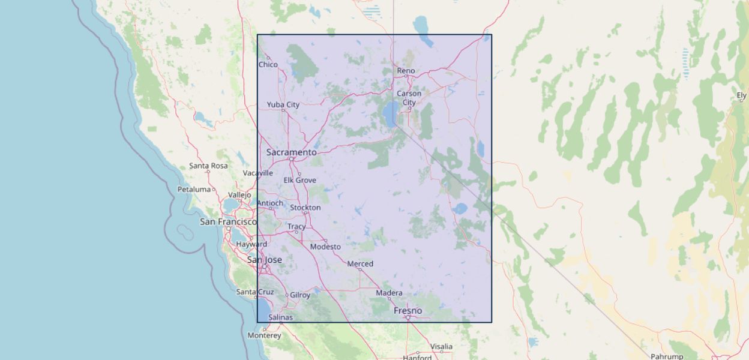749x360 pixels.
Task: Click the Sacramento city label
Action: (291, 152)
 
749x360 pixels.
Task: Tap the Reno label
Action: (406, 71)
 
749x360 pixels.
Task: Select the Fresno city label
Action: (408, 311)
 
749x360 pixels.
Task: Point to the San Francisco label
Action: (228, 222)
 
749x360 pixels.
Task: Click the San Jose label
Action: (265, 260)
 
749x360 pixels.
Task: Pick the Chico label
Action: (268, 64)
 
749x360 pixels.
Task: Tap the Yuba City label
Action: (283, 104)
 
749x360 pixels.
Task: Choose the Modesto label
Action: (325, 247)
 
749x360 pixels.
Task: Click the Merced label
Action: (360, 263)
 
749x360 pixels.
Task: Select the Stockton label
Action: (305, 208)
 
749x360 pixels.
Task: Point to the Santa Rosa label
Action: (208, 166)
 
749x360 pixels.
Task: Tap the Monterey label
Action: (264, 335)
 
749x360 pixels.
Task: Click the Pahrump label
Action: (667, 356)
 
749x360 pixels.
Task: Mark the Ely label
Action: (742, 95)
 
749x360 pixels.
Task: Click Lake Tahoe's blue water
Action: (391, 113)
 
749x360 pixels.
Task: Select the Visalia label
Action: (441, 346)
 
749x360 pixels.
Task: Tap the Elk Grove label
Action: (299, 180)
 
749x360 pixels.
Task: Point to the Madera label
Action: (389, 293)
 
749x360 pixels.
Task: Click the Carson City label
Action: (409, 98)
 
